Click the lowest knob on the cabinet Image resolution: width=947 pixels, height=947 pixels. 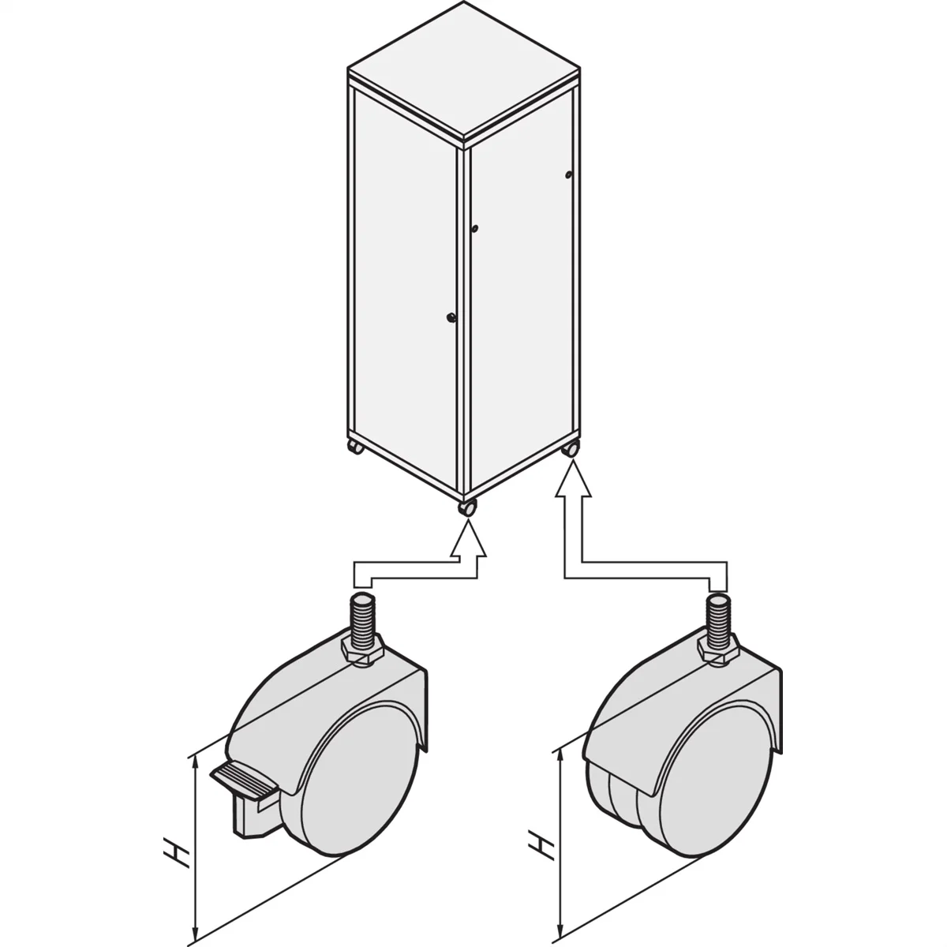tap(451, 318)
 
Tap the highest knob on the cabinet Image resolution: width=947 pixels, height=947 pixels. tap(568, 174)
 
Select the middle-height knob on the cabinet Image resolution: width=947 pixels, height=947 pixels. tap(475, 229)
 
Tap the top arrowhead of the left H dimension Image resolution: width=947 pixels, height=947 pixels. tap(194, 762)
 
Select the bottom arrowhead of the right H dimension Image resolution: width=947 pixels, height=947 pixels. tap(560, 926)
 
